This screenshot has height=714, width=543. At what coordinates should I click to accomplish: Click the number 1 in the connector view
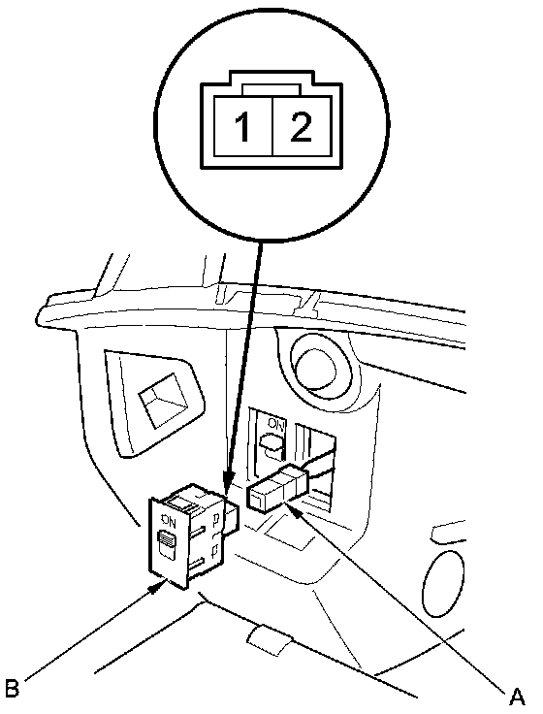(243, 127)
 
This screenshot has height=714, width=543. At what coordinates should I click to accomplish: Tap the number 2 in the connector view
(300, 127)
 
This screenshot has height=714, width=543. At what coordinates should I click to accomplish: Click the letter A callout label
(516, 697)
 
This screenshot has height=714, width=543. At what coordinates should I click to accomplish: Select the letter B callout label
(12, 687)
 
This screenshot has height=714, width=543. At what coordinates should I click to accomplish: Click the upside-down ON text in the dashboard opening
(275, 425)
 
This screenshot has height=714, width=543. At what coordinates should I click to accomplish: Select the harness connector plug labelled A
(277, 491)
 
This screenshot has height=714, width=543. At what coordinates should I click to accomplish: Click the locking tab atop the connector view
(271, 89)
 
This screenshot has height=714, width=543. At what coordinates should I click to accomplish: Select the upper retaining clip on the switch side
(215, 519)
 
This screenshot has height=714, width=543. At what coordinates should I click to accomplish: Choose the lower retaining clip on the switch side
(214, 551)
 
